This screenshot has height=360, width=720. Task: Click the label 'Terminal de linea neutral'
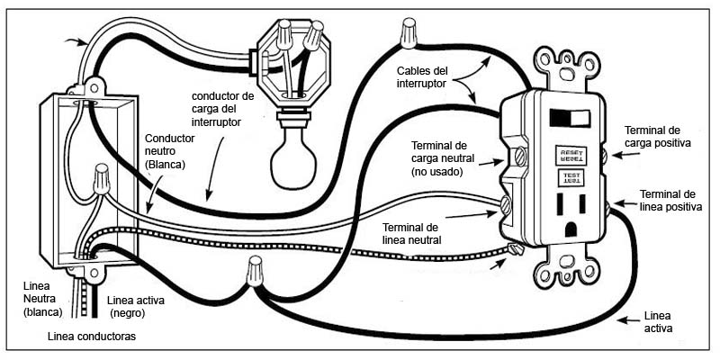(x=411, y=233)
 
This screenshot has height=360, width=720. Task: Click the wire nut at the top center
(x=409, y=34)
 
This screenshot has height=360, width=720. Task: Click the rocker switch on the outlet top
(x=570, y=118)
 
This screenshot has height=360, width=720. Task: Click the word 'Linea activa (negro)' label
(x=134, y=306)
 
